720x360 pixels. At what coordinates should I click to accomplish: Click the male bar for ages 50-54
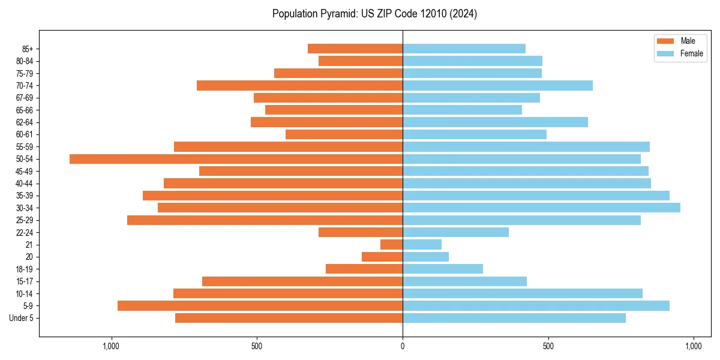236,159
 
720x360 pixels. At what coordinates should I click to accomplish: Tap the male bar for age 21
391,245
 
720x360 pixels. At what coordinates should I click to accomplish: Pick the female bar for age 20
425,257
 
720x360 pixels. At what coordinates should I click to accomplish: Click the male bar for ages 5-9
260,306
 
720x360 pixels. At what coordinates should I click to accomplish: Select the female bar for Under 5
514,318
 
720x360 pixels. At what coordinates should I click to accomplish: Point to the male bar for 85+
355,49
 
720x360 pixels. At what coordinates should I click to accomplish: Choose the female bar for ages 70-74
497,86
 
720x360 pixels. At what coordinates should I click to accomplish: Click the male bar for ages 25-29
265,220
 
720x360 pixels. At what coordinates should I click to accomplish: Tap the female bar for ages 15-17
464,281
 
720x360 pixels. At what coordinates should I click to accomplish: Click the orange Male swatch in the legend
665,41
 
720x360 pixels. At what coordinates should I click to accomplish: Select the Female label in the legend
692,53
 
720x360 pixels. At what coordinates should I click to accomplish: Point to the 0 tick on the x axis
403,346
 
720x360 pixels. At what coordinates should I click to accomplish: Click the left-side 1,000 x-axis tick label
111,346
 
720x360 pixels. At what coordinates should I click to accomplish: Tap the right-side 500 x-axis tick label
548,346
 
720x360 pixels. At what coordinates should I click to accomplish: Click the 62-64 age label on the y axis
25,122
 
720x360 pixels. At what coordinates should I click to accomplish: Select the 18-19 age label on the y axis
25,269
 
